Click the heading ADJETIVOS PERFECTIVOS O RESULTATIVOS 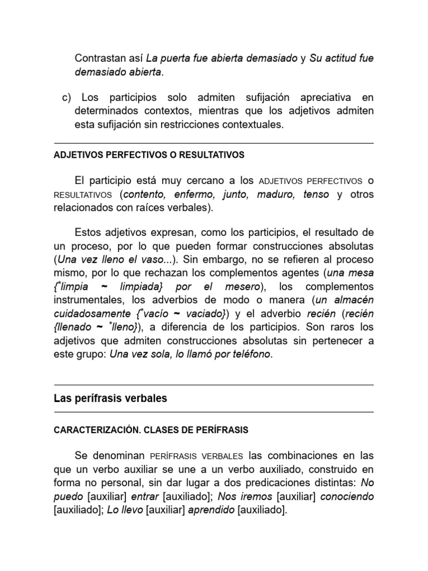pyautogui.click(x=149, y=154)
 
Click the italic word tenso pyautogui.click(x=316, y=195)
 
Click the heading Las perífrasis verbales pyautogui.click(x=110, y=399)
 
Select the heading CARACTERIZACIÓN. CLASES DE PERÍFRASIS pyautogui.click(x=150, y=430)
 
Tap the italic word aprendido pyautogui.click(x=212, y=509)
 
